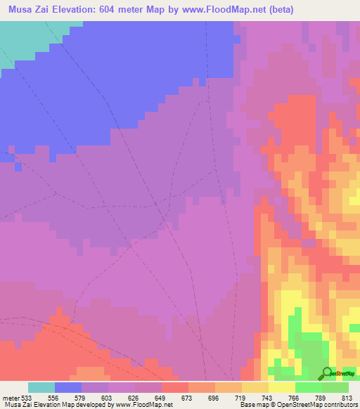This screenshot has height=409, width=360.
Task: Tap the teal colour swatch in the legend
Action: (x=41, y=387)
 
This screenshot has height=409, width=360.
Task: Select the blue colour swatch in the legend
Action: (x=67, y=387)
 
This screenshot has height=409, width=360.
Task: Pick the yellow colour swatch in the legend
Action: (x=281, y=387)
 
